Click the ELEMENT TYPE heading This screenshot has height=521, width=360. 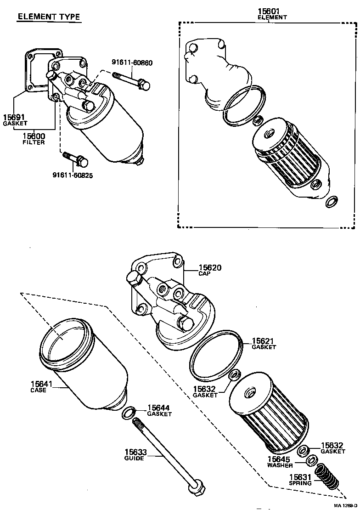[x=49, y=17]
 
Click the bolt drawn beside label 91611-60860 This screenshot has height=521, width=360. [x=135, y=83]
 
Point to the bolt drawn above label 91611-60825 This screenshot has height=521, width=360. [x=76, y=159]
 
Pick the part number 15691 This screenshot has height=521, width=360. [x=14, y=117]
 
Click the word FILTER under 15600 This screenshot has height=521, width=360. [x=34, y=142]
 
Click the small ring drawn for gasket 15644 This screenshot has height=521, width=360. [x=129, y=413]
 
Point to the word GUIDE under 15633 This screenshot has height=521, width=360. [x=135, y=458]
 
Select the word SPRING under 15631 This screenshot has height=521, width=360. [x=300, y=483]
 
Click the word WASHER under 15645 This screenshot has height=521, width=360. [x=280, y=465]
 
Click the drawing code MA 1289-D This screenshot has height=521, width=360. [x=345, y=505]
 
